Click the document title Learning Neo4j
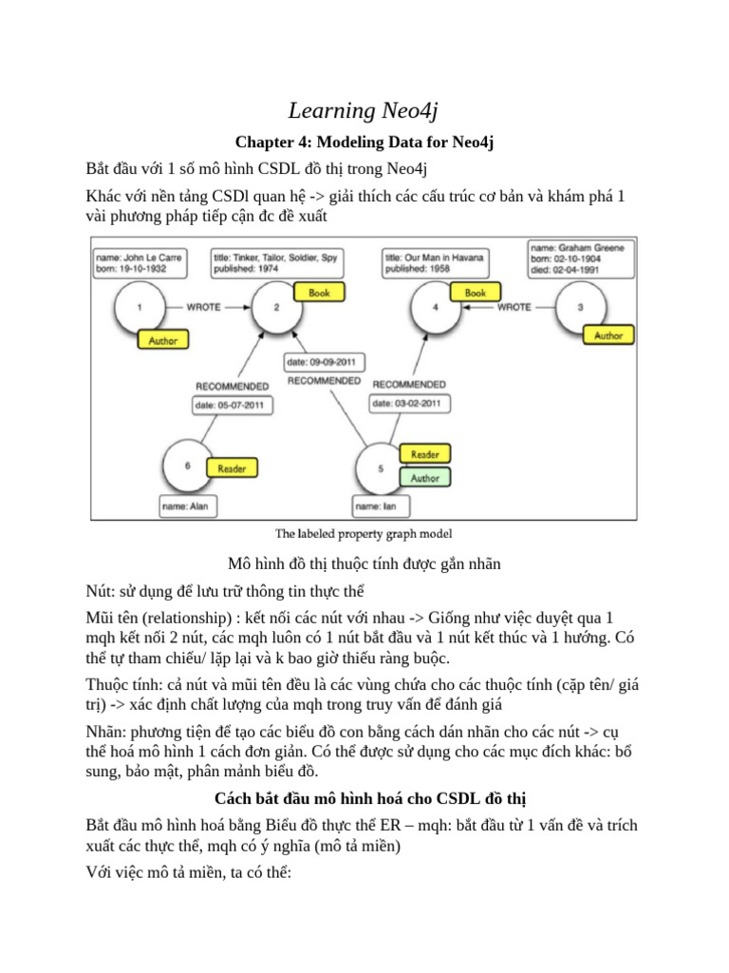coord(364,110)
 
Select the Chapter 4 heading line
coord(364,143)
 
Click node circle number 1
coord(140,308)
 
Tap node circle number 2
coord(276,308)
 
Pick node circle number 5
coord(382,468)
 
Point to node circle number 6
coord(188,466)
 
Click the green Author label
coord(424,479)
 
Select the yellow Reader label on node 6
coord(232,468)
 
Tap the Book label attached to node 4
coord(475,294)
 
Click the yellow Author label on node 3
coord(607,335)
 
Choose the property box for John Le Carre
coord(140,261)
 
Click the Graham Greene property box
coord(582,258)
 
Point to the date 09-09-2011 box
coord(325,362)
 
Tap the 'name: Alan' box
coord(185,507)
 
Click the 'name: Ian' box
coord(382,507)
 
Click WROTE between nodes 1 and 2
coord(203,308)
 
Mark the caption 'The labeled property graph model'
coord(364,533)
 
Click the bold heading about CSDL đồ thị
coord(364,796)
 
